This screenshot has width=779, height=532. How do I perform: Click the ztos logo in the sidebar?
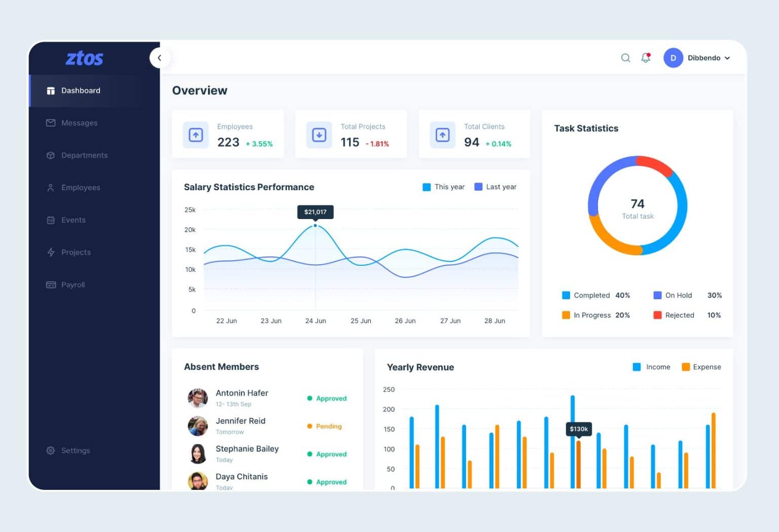84,59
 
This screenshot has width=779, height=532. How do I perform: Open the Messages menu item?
79,123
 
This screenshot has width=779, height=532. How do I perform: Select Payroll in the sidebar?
73,285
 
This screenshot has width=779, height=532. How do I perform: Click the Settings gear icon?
51,450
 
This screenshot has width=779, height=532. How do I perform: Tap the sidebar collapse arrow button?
160,58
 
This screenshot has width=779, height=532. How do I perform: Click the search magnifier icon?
625,58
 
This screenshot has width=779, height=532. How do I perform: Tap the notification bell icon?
646,58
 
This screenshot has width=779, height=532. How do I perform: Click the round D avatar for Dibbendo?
673,58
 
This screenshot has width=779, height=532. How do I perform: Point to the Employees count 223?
228,143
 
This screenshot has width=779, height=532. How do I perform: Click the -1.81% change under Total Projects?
377,144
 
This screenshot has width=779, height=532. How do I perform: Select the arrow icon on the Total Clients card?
442,135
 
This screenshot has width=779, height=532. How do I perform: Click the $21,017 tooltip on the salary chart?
315,212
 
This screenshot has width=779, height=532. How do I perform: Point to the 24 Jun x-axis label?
315,321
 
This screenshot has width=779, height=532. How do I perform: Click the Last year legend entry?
495,187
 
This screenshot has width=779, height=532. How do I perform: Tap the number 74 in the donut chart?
638,204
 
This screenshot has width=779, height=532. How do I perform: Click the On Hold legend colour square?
657,295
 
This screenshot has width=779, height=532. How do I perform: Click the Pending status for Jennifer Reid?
328,427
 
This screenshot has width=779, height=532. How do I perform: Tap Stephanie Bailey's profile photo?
198,454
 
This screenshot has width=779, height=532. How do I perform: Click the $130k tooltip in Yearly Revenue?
579,429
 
